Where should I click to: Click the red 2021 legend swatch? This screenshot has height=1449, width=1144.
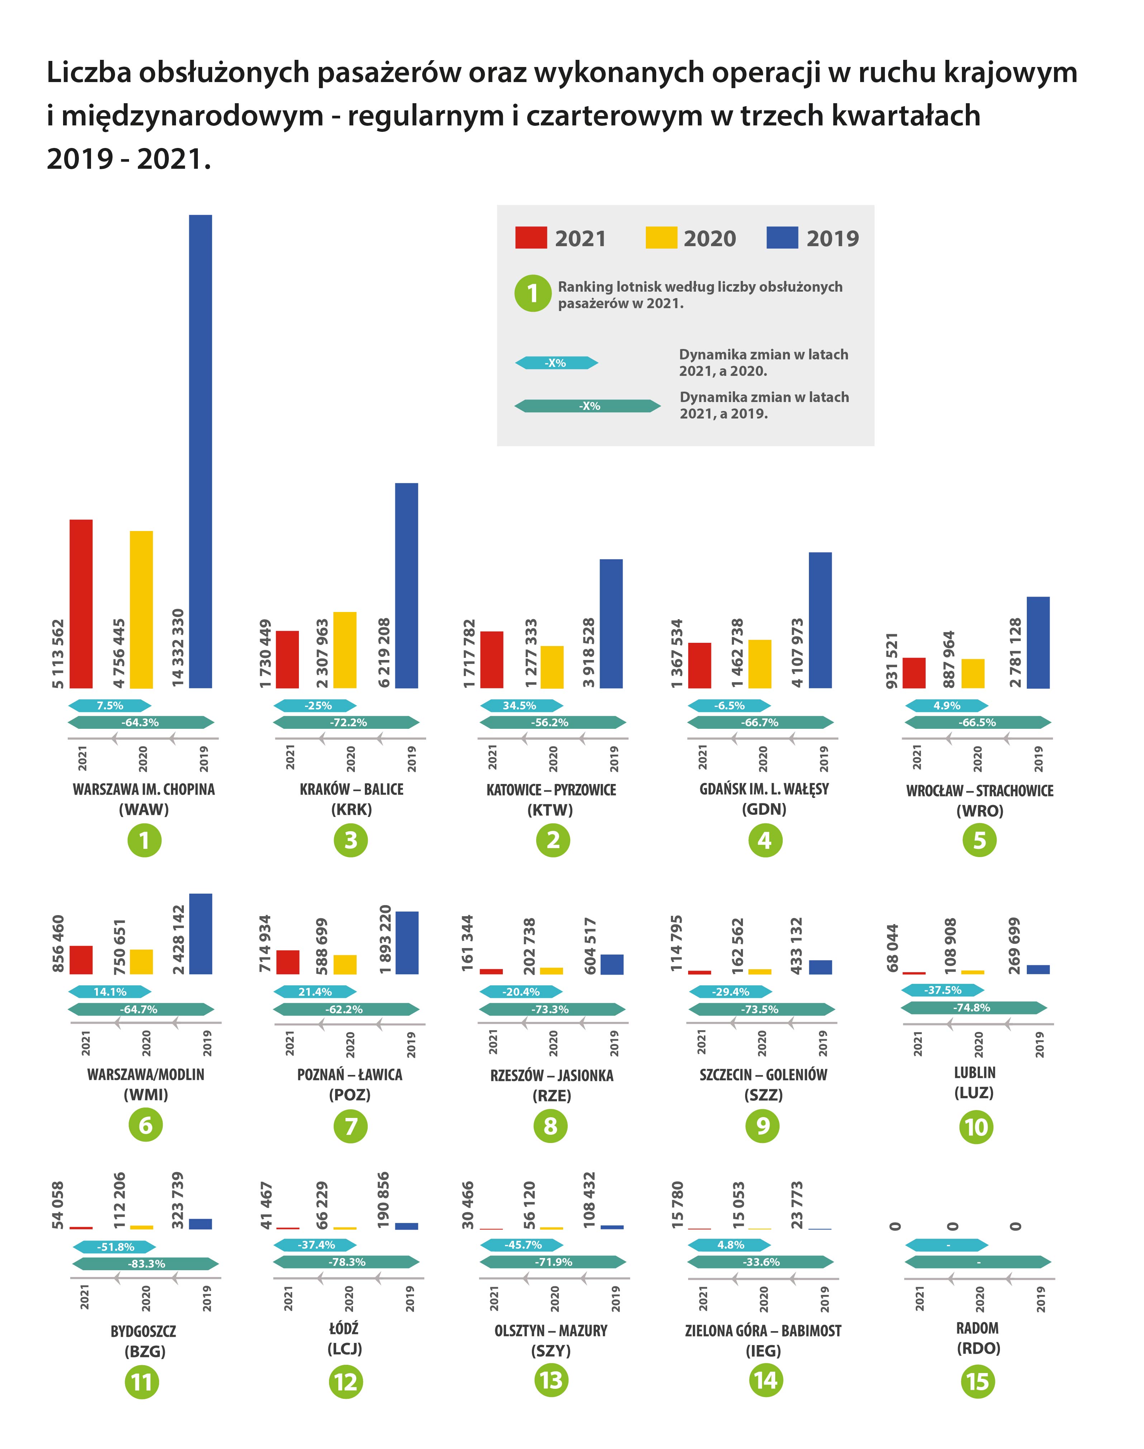530,238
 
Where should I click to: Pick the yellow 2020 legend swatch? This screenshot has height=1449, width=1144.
661,238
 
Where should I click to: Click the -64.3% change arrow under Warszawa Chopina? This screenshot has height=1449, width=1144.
140,722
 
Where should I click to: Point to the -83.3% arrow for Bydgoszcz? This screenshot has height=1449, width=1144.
146,1263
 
